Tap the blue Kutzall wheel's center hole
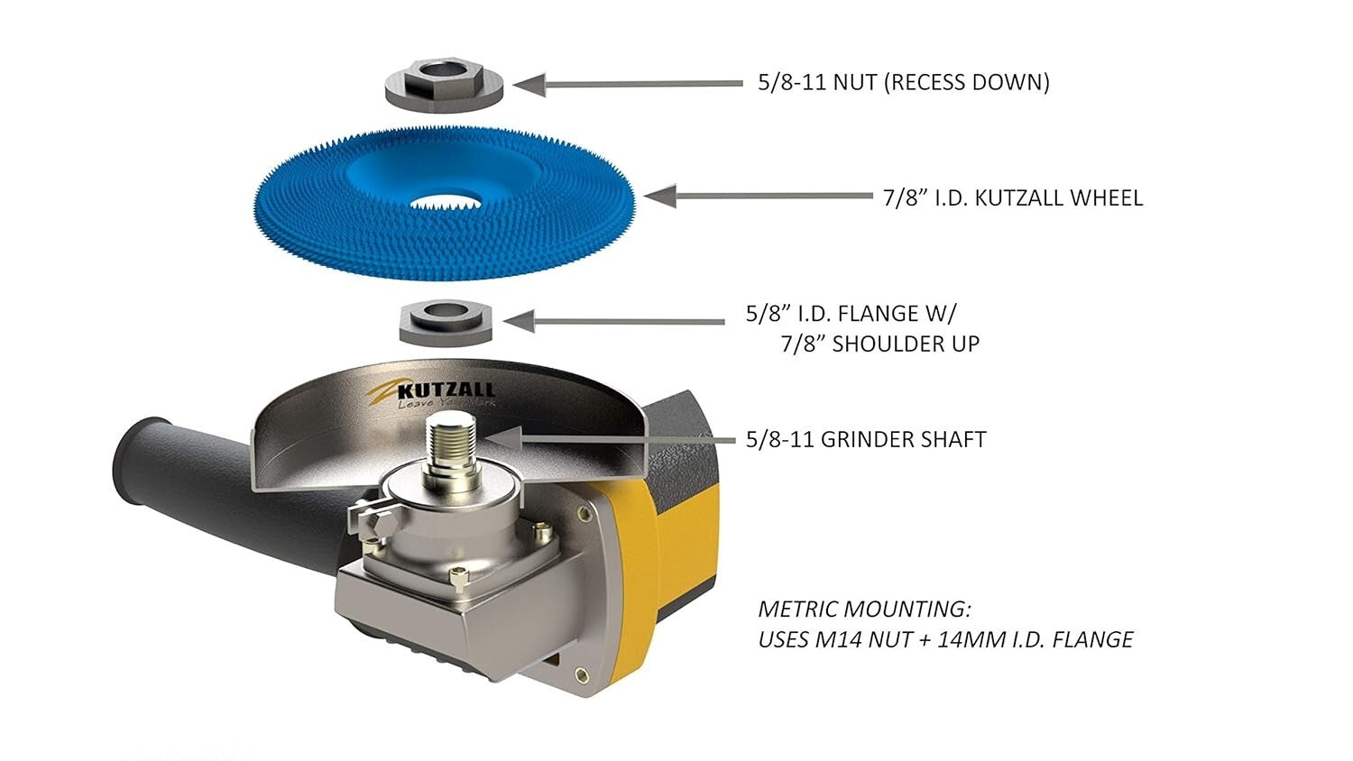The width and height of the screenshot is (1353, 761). point(445,199)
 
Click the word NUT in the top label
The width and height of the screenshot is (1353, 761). point(854,83)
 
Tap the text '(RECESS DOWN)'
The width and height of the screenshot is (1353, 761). point(966,83)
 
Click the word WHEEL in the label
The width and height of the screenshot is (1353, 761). point(1105,197)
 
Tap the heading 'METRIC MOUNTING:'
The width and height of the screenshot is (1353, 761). point(864,609)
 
